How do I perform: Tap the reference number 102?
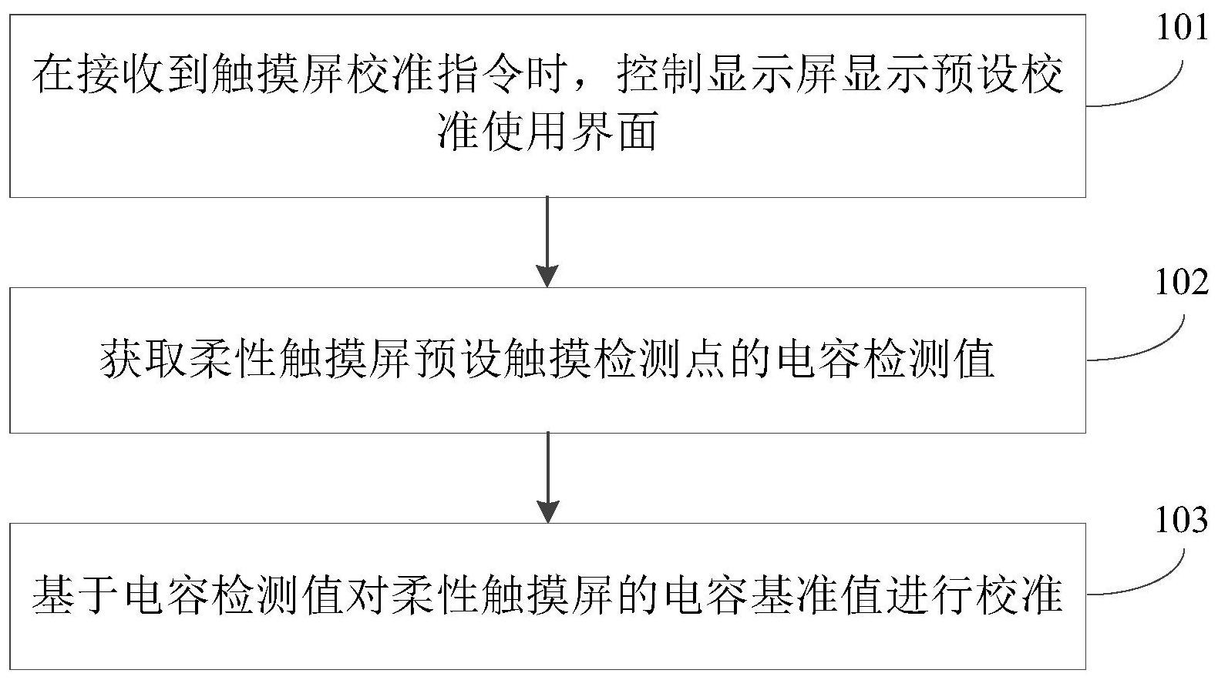click(x=1182, y=283)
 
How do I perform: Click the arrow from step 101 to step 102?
click(x=547, y=242)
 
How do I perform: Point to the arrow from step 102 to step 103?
click(x=547, y=478)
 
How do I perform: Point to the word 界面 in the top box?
click(x=615, y=131)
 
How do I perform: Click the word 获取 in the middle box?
click(x=143, y=359)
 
